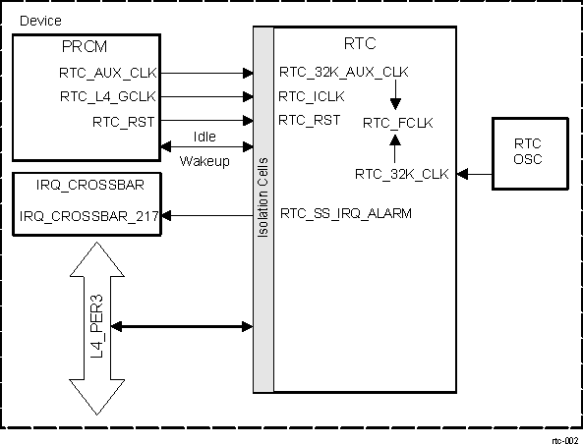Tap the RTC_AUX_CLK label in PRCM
[108, 72]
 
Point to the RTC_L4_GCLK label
[107, 96]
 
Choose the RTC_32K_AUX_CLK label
[344, 72]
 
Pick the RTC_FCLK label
[398, 123]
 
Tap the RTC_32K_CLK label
[402, 174]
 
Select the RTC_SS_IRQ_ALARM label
[346, 212]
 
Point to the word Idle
[204, 139]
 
